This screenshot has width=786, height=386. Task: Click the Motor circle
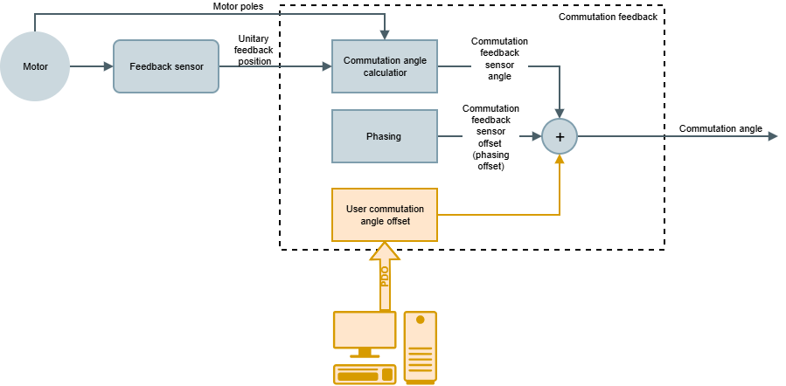(x=35, y=66)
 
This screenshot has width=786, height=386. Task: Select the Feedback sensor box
(x=166, y=66)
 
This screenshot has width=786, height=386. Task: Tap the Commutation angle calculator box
(x=384, y=66)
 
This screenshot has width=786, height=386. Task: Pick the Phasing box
(x=384, y=136)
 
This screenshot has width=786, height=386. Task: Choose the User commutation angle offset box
(x=384, y=215)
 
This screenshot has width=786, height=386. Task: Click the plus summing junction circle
(x=560, y=136)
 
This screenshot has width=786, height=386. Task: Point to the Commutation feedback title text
(x=608, y=17)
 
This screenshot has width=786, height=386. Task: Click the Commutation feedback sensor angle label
(x=499, y=59)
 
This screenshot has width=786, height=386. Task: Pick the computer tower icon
(x=420, y=347)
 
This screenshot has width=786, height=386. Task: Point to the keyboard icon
(x=364, y=375)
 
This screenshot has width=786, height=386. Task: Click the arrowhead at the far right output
(x=772, y=136)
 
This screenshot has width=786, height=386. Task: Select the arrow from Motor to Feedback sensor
(x=92, y=66)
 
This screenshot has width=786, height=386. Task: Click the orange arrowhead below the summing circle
(x=560, y=160)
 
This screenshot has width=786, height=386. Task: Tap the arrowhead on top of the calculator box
(x=384, y=35)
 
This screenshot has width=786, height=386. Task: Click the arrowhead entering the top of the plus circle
(x=560, y=113)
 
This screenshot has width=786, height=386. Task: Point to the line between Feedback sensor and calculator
(x=275, y=66)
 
